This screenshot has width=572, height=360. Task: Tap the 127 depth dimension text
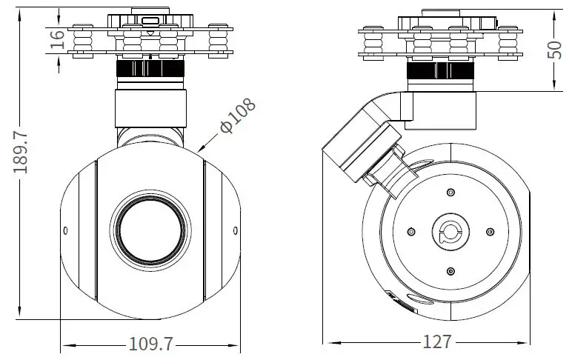click(437, 342)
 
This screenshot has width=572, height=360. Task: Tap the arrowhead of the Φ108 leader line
click(202, 151)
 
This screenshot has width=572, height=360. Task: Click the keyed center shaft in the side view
click(450, 232)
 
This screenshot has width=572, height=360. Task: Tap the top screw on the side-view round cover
click(450, 193)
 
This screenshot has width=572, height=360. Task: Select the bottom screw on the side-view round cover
click(450, 272)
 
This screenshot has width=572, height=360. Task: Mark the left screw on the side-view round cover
click(410, 232)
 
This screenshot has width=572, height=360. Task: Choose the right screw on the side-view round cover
click(490, 232)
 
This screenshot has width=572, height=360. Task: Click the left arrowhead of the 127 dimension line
click(327, 343)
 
